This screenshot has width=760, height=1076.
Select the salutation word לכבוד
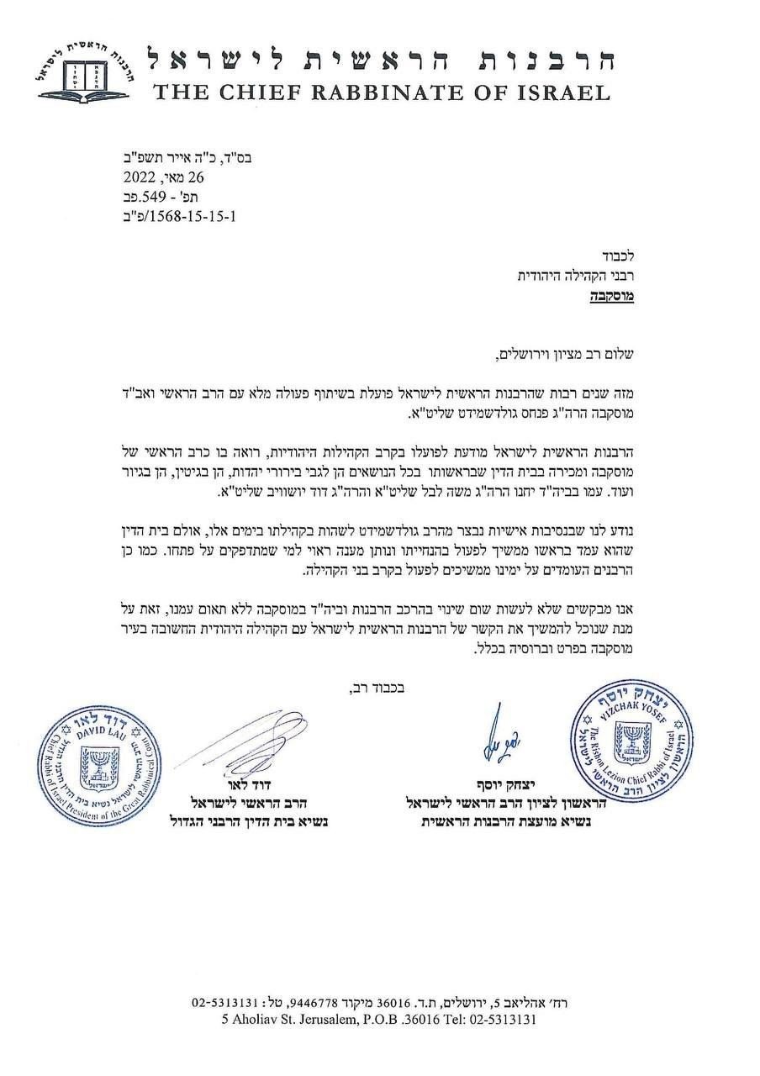[617, 256]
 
